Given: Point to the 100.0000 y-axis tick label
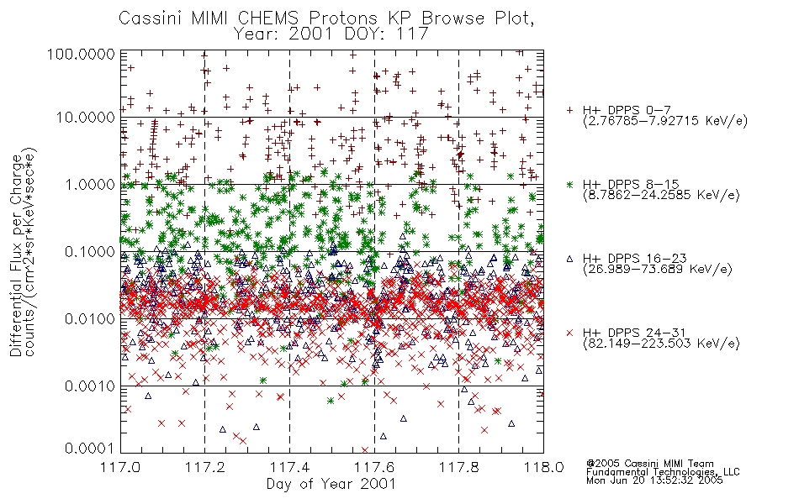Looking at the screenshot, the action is click(81, 54).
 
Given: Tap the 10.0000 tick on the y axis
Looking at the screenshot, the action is click(86, 118).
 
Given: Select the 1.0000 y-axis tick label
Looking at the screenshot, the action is click(90, 184).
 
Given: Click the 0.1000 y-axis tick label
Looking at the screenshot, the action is click(90, 251).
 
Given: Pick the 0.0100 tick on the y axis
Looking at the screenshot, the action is click(90, 318).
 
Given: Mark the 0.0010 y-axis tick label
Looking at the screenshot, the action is click(90, 386).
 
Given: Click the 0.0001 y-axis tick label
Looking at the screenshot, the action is click(90, 448).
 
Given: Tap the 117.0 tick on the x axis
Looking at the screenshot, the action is click(120, 467).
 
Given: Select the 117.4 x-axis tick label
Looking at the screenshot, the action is click(289, 467).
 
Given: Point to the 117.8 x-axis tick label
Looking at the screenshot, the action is click(458, 467).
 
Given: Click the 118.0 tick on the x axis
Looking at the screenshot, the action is click(543, 467).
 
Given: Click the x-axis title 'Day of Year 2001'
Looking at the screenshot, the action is click(331, 484).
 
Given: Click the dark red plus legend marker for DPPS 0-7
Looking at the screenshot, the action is click(569, 110).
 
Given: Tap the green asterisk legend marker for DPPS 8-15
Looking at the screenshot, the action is click(569, 184).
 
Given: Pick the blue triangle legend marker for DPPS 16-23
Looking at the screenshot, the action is click(569, 259).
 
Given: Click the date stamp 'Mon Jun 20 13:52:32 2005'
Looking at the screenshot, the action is click(654, 480).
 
